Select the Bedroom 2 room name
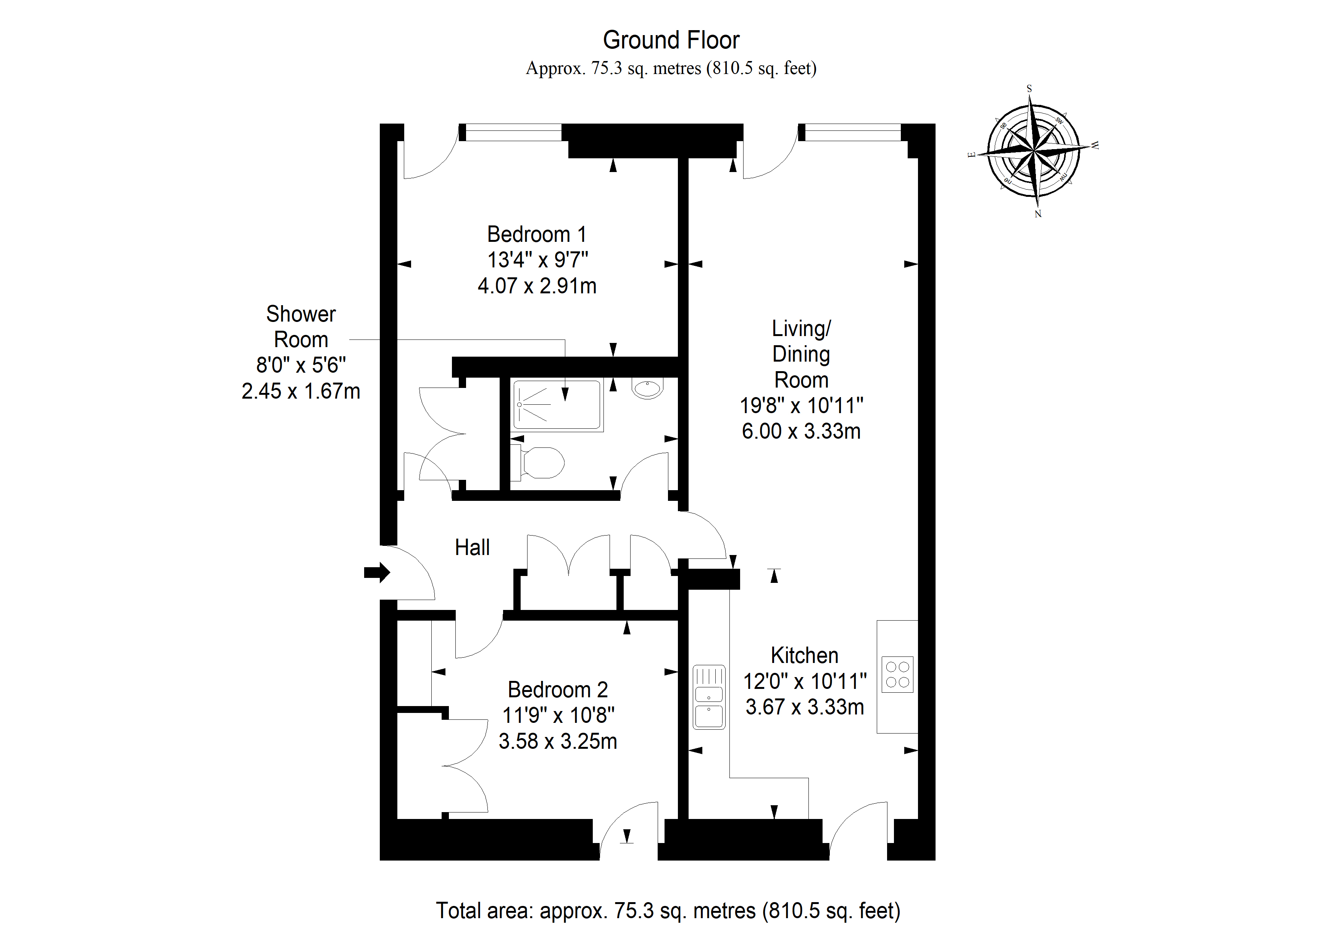[558, 690]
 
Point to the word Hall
[472, 547]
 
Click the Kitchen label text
[804, 655]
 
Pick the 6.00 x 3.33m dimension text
[801, 431]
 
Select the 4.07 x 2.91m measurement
[537, 286]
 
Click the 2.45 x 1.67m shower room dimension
[300, 391]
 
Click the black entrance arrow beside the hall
[377, 573]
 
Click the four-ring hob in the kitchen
[897, 674]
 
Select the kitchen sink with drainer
[708, 697]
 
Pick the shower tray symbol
[557, 404]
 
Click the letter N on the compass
[1037, 214]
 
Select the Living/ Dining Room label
[801, 354]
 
